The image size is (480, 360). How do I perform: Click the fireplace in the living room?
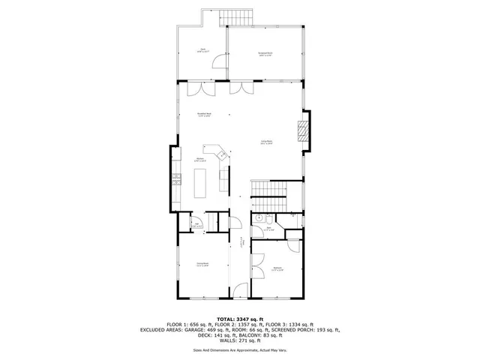[302, 132]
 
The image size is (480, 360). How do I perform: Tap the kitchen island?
[201, 181]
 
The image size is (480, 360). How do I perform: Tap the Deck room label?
[202, 51]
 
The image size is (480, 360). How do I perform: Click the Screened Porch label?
[265, 54]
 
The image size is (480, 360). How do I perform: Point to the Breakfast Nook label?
[203, 115]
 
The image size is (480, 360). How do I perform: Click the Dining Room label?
[202, 264]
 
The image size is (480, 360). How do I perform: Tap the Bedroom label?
[277, 268]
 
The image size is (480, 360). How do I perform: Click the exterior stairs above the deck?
[240, 17]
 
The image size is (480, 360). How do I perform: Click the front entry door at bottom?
[240, 291]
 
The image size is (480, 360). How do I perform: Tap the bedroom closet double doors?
[258, 259]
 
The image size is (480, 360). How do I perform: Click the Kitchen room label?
[201, 160]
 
